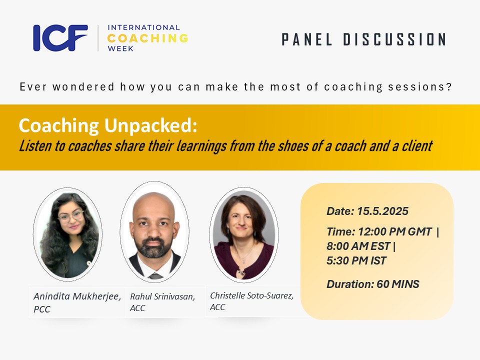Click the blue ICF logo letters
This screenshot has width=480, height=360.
60,38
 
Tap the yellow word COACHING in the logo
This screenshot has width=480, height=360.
147,38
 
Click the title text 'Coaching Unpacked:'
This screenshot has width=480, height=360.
108,126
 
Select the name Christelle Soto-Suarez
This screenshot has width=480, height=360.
251,295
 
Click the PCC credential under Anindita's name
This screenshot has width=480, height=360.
42,309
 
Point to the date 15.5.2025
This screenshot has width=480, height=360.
382,211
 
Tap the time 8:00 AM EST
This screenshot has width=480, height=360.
358,247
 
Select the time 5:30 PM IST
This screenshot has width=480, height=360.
356,260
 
